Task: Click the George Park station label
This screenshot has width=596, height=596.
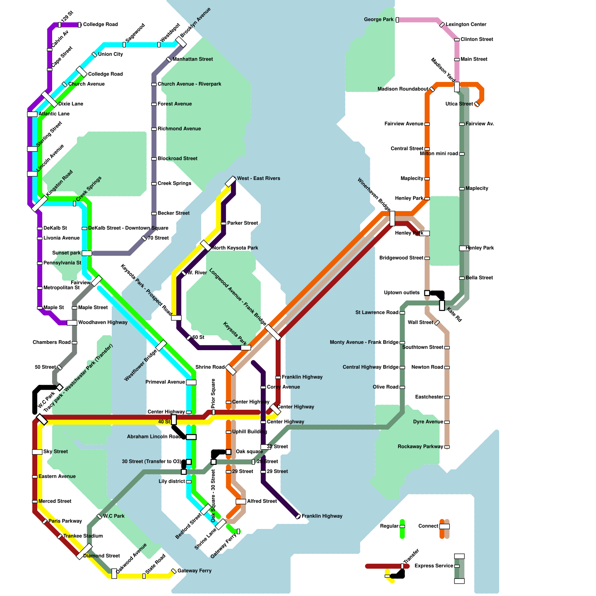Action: coord(378,19)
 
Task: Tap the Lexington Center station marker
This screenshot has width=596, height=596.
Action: coord(442,25)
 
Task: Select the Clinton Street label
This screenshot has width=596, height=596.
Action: coord(476,39)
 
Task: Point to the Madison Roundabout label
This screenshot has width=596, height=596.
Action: coord(403,89)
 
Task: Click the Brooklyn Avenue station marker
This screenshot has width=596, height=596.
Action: coord(181,42)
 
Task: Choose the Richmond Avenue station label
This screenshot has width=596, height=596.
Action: coord(179,129)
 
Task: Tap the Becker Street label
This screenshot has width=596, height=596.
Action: coord(173,213)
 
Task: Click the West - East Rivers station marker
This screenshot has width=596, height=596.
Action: coord(231,181)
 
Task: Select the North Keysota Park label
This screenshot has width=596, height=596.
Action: coord(235,248)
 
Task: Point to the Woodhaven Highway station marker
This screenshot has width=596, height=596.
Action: coord(72,323)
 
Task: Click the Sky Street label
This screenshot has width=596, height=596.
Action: coord(56,451)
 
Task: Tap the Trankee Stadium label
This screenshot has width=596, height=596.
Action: coord(83,536)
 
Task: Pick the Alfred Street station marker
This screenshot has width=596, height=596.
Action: coord(241,501)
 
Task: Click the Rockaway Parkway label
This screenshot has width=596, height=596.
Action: coord(420,447)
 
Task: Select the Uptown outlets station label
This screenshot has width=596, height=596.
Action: coord(402,293)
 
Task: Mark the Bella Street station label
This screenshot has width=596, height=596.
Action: coord(479,278)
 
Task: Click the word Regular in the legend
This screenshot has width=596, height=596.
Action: coord(389,526)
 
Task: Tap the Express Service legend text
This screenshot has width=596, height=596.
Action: coord(434,566)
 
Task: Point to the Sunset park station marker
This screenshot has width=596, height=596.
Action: coord(87,253)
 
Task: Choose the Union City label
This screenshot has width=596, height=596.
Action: coord(110,54)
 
